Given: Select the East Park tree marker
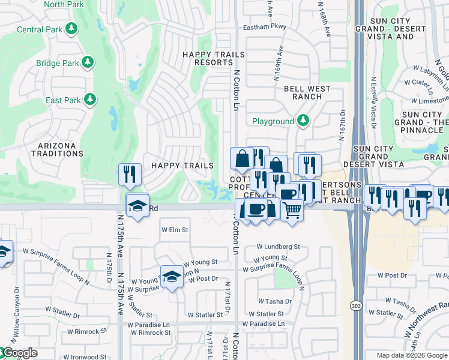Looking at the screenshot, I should pos(90,99).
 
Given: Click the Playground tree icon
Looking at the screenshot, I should pos(303,121).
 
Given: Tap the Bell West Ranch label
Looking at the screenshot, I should pos(307,92).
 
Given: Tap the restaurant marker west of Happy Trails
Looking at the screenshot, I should pos(130,174).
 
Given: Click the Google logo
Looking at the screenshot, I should pos(19,353).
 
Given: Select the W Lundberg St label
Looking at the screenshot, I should pos(278,247).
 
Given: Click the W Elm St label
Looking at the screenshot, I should pos(175,230).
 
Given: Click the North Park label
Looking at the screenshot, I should pos(64,4).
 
